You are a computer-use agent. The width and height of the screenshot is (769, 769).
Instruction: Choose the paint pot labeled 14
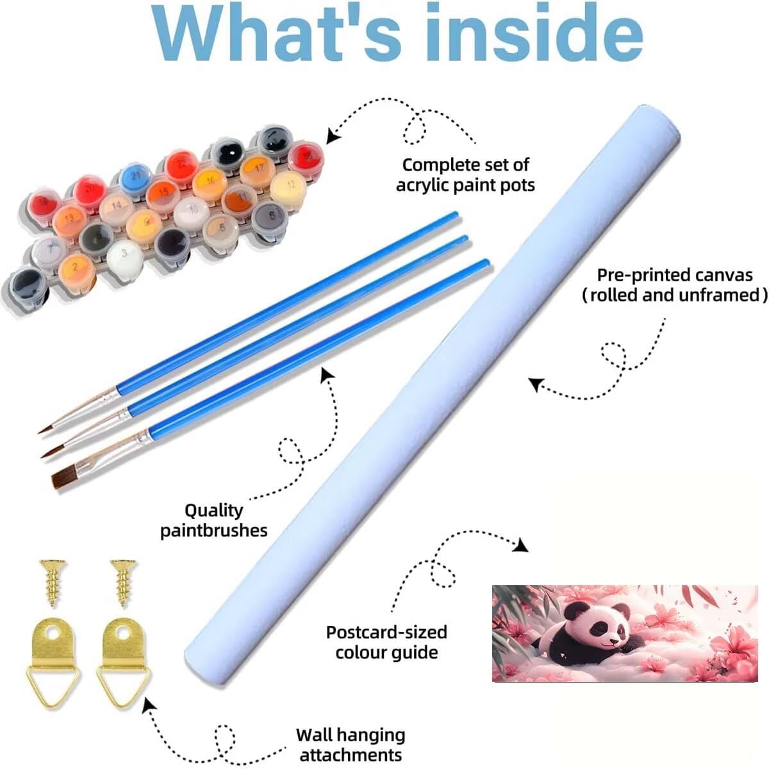(x=117, y=208)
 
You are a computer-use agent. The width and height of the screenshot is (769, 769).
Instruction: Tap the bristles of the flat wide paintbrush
(x=64, y=479)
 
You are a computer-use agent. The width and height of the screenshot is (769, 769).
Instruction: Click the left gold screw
(x=53, y=582)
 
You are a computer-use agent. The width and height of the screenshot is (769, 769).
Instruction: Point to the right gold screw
(x=124, y=582)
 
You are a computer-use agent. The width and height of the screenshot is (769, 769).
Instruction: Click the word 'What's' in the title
(x=277, y=33)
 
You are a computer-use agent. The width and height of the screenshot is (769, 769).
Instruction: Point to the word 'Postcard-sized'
(x=386, y=633)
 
